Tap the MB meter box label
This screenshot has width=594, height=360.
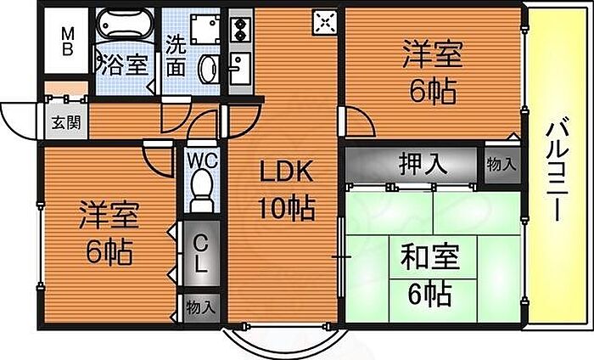tap(67, 42)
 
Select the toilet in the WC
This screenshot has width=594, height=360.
tap(202, 190)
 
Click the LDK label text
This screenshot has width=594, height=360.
tap(287, 172)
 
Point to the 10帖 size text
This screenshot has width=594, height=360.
tap(287, 208)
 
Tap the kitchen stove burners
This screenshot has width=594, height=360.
tap(240, 30)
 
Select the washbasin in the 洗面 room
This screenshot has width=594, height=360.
tap(208, 69)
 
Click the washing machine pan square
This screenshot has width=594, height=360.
tap(205, 30)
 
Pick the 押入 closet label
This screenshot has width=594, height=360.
tap(423, 165)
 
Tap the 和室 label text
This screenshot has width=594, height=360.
tap(430, 257)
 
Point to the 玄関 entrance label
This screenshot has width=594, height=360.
tap(66, 122)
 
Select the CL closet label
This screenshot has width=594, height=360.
tap(201, 254)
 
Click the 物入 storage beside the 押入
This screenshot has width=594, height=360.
tap(502, 164)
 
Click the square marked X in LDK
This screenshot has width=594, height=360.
tap(325, 22)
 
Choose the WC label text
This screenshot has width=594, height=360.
tap(203, 160)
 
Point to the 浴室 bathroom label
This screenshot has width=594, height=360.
tap(125, 65)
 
